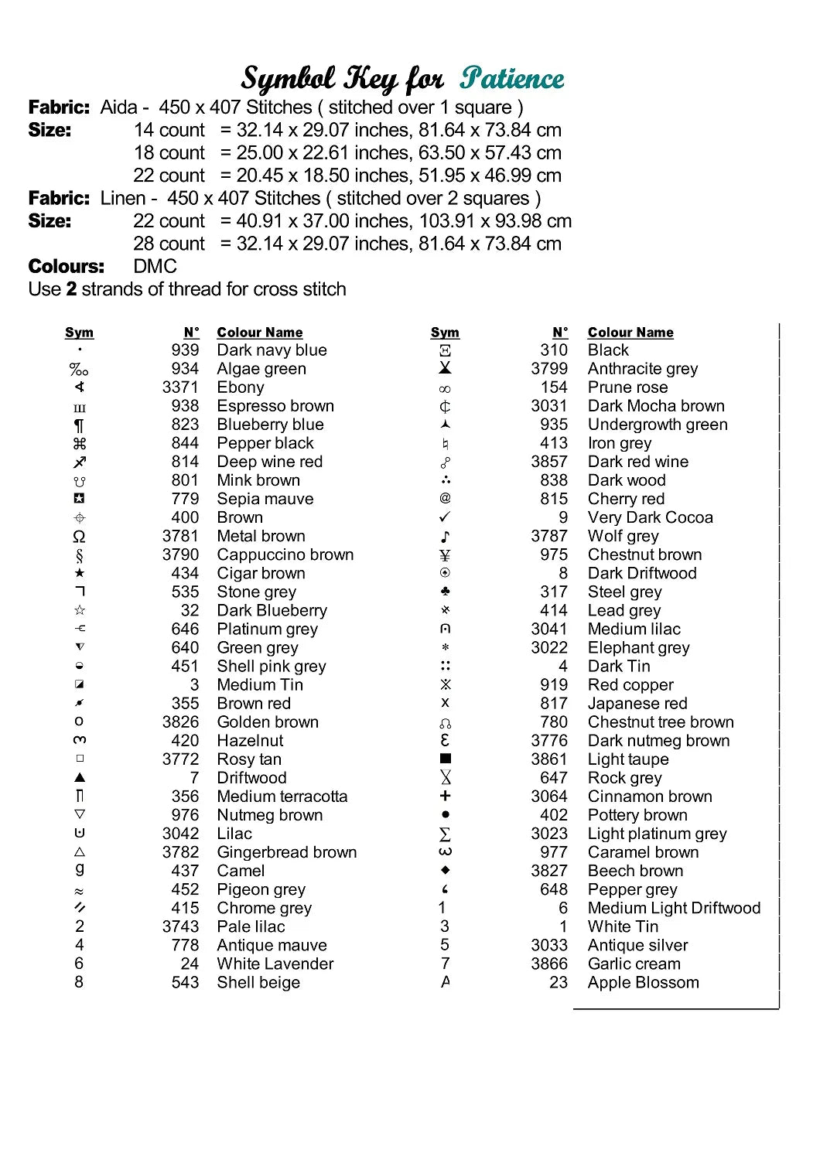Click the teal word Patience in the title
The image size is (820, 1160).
(511, 78)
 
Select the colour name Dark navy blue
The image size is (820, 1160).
(272, 350)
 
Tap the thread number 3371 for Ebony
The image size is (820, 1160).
(180, 387)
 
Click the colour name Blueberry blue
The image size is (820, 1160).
(270, 425)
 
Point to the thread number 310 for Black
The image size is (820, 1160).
(554, 350)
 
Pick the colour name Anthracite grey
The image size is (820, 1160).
(642, 369)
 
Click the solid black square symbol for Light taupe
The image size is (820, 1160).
(445, 759)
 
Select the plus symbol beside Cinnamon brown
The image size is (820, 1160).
(445, 796)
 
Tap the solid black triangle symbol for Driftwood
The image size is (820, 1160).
(80, 777)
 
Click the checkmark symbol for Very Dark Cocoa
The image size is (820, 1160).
(445, 517)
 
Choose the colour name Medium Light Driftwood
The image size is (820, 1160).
(674, 908)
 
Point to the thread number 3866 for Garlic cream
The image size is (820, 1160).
(549, 964)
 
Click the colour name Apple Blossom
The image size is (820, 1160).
(643, 982)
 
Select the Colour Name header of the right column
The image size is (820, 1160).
(630, 333)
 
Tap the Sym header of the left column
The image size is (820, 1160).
(79, 333)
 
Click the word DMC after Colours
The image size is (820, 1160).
(155, 267)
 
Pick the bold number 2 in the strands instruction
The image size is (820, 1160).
(71, 289)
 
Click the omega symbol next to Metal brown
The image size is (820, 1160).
(79, 536)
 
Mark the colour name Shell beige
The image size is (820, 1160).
(258, 982)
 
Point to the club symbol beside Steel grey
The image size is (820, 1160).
(445, 592)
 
